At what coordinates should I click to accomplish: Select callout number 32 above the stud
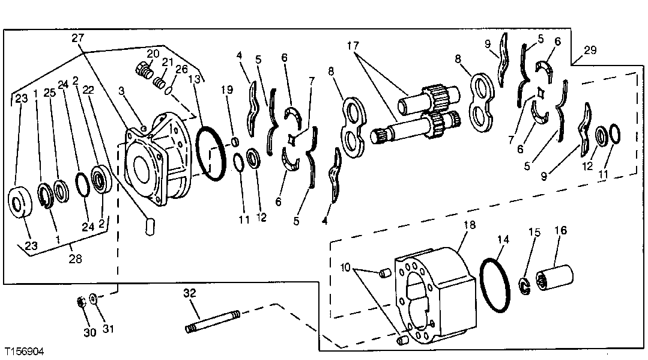[x=190, y=293]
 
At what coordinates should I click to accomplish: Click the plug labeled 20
[x=143, y=70]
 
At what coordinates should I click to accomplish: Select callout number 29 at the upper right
[x=590, y=50]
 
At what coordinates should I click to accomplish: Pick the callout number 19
[x=226, y=90]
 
